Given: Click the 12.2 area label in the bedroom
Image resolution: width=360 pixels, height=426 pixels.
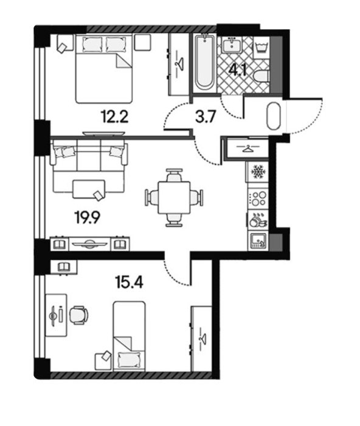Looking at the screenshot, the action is pos(114,117).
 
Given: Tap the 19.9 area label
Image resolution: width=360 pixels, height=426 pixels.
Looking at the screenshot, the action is pos(87,218).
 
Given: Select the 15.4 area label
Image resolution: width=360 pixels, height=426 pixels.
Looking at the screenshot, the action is pos(130,282).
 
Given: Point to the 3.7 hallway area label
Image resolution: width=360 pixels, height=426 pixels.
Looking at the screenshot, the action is pos(206,117).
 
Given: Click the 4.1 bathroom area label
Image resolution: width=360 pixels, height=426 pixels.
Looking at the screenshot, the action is pos(238,70).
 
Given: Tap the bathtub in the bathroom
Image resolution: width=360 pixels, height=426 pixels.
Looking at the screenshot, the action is pos(204,63).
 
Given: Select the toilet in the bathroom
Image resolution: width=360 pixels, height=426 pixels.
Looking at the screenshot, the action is pos(261,77).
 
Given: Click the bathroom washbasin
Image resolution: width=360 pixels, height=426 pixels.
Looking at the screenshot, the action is pos(232,44).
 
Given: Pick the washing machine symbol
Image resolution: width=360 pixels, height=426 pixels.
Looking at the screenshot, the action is pos(261,47).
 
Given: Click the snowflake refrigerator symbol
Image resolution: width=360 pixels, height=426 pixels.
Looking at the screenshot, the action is pos(257,172).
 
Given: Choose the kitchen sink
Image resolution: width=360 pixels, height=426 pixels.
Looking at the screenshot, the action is pos(257,241).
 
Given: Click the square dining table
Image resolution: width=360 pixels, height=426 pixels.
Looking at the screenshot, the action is pos(174,198).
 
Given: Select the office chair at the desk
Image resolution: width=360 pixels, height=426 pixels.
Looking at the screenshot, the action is pos(78,315).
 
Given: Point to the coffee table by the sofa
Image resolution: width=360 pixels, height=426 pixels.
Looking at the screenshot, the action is pos(89,189).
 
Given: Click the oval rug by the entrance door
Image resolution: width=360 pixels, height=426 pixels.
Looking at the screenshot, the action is pos(274,116).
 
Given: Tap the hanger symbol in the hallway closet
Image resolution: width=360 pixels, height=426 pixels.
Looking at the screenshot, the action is pos(247,148).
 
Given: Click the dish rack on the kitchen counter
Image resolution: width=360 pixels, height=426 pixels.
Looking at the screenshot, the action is pos(258,220).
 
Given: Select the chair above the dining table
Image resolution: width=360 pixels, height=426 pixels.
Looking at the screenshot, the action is pos(174,175).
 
